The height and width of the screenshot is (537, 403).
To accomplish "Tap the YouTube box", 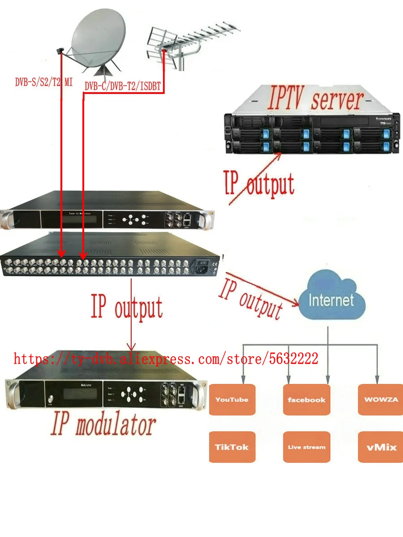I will point(232,399).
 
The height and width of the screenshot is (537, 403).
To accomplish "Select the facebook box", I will point(306,399).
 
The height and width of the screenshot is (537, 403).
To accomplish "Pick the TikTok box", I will point(232,447).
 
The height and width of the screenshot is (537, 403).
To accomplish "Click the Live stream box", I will point(306,447).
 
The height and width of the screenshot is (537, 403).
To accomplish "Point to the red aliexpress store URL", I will point(166,358).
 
